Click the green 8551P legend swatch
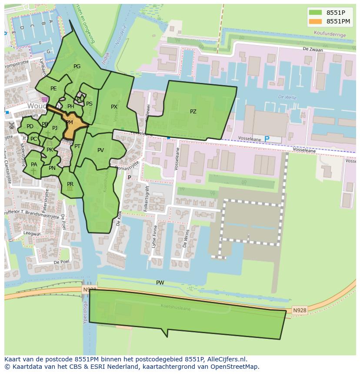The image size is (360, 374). (x=316, y=13)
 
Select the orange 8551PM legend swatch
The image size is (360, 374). (x=316, y=21)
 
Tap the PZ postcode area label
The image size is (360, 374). (x=193, y=112)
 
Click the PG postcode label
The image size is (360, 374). (x=77, y=66)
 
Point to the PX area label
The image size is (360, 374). (x=114, y=107)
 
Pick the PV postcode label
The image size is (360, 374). (x=100, y=150)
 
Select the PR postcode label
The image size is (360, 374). (x=70, y=184)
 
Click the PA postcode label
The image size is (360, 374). (x=34, y=165)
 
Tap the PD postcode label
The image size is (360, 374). (x=30, y=126)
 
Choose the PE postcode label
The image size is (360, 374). (x=53, y=89)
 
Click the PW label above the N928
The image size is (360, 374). (x=160, y=283)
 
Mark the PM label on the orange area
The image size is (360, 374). (x=69, y=123)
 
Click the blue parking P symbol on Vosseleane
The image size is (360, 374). (x=267, y=139)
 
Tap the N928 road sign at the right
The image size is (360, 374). (x=299, y=310)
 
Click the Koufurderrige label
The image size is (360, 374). (x=335, y=34)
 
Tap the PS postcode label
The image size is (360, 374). (x=89, y=104)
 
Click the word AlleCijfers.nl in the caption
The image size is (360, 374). (x=226, y=359)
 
